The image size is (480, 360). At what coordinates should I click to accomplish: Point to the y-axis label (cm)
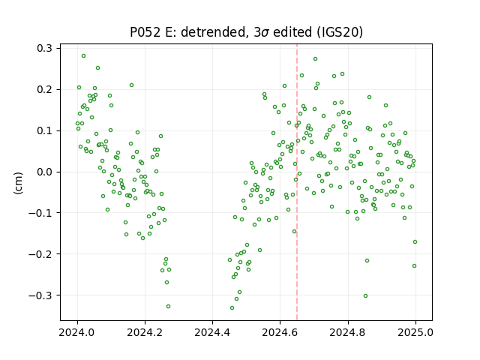point(18,183)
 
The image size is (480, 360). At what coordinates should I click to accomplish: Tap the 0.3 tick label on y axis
point(44,48)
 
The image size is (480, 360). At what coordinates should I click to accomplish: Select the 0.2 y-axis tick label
point(44,89)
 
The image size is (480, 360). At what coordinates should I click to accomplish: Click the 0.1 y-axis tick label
point(44,130)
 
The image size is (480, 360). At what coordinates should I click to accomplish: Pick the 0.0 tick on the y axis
point(44,172)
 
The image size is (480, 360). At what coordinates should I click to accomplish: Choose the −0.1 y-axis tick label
point(40,213)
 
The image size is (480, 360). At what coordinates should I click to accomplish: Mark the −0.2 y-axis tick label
point(40,253)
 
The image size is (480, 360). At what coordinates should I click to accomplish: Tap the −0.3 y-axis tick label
point(40,295)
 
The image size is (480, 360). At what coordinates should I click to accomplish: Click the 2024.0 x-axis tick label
point(77,331)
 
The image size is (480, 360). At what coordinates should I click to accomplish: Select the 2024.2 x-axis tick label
point(145,331)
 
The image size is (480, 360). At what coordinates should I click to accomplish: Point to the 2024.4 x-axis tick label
point(212,331)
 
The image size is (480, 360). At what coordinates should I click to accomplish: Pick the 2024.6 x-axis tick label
point(280,331)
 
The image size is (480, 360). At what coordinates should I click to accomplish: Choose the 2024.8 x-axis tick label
point(348,331)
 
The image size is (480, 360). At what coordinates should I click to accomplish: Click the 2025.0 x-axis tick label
point(415,331)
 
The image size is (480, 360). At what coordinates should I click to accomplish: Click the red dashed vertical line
point(297,182)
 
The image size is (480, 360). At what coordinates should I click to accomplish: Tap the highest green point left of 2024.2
point(83,56)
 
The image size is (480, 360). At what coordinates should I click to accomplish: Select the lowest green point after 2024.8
point(365,295)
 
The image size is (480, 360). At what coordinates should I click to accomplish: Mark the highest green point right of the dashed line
point(315,58)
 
